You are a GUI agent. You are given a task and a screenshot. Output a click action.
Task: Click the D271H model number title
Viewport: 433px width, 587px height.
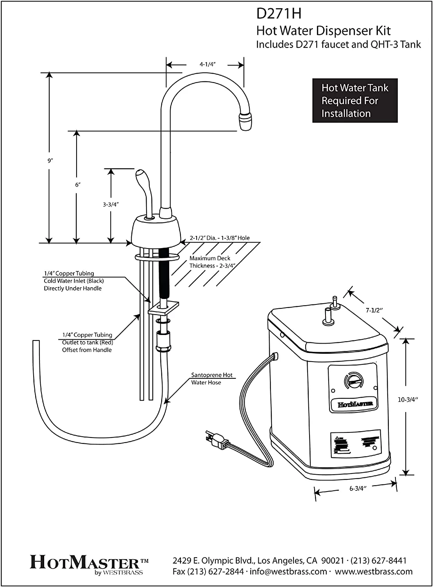coord(279,14)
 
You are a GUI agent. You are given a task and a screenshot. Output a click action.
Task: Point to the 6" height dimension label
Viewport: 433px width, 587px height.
coord(77,185)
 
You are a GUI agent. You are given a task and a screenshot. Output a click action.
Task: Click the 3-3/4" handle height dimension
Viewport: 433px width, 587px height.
coord(111,204)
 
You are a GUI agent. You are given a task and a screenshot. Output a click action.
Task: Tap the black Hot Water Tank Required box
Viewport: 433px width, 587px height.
coord(354,101)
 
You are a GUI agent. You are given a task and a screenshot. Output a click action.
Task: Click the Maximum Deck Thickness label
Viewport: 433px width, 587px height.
coord(210,262)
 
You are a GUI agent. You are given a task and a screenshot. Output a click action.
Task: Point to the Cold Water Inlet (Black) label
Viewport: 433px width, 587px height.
coord(73,281)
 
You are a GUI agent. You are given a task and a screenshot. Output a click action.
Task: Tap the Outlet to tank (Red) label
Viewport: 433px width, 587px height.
coord(87,342)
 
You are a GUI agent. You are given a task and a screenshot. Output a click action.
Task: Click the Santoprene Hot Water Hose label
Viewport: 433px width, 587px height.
coord(211,379)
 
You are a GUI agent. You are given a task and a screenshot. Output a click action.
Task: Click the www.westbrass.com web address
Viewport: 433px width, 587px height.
coord(374,571)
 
